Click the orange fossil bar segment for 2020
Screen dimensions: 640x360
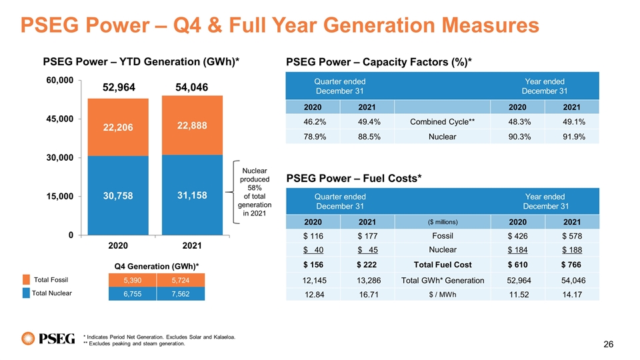[118, 127]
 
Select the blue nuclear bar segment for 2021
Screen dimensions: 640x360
[192, 195]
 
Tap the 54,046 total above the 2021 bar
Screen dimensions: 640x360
[192, 87]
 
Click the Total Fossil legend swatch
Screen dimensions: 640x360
[26, 279]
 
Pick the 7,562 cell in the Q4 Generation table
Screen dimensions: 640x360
[181, 294]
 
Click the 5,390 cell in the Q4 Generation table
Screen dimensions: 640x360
[132, 281]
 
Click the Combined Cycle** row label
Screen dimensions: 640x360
[442, 121]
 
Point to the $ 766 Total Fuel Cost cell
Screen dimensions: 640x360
[571, 265]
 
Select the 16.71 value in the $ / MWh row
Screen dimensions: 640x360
[369, 295]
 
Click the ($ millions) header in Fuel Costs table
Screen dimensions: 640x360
[443, 222]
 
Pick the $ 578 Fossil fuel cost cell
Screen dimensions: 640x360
[572, 236]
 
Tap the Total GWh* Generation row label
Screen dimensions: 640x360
[443, 281]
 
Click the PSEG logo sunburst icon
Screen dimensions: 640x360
[28, 339]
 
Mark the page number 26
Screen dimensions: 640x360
[608, 345]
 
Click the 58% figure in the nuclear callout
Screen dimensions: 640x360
[254, 188]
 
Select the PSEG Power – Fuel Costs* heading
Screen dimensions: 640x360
[354, 179]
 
